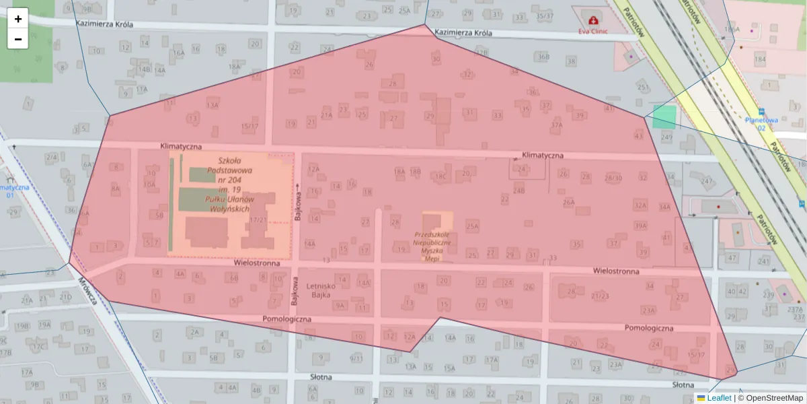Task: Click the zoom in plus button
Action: (x=18, y=19)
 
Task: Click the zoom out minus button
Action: (x=18, y=39)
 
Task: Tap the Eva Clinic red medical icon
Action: (x=592, y=20)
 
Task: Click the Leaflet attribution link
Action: (x=718, y=398)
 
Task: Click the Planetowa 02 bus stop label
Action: (x=760, y=123)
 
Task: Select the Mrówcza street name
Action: (x=87, y=292)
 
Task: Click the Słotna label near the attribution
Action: (x=684, y=384)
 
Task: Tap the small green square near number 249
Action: (x=664, y=116)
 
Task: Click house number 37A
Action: (x=556, y=125)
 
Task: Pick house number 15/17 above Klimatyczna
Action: (x=249, y=126)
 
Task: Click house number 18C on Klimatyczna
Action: (x=440, y=177)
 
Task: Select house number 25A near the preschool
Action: (x=472, y=227)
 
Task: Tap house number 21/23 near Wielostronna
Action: (x=600, y=296)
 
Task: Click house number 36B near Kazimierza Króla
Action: (x=543, y=57)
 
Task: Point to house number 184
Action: (x=760, y=60)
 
